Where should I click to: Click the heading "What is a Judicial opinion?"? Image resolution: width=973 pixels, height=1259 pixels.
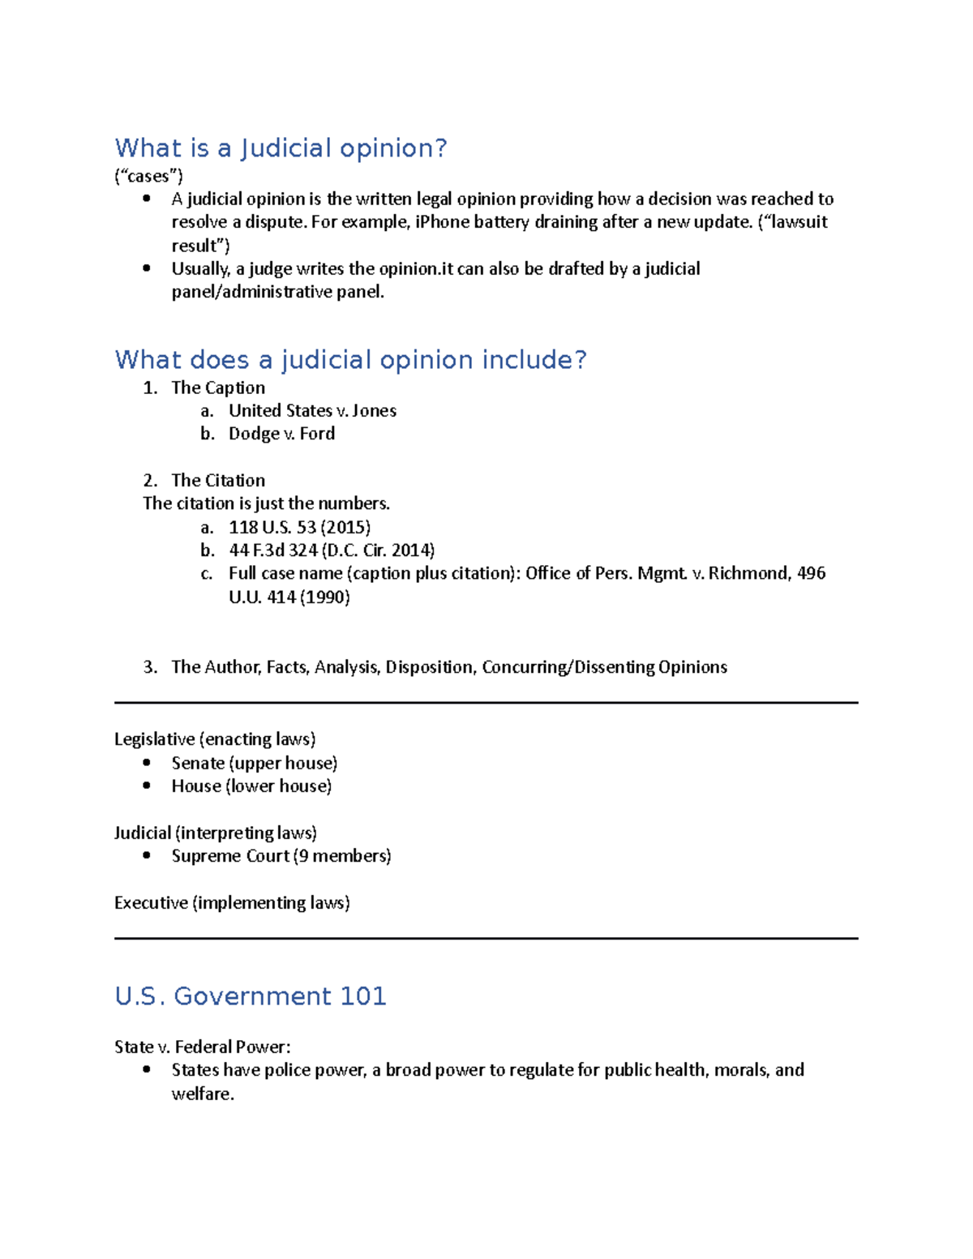click(281, 148)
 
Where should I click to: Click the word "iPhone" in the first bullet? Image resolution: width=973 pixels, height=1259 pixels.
click(442, 222)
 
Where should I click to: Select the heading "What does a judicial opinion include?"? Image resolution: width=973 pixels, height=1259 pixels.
click(350, 360)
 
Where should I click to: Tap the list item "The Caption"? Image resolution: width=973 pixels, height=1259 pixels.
click(218, 388)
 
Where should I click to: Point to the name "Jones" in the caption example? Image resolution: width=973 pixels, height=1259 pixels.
click(374, 411)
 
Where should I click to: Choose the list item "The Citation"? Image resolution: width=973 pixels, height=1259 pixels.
click(218, 481)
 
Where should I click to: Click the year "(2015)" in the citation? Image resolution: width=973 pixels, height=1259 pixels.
click(345, 528)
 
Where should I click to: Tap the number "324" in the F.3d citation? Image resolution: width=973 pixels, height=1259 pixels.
click(302, 550)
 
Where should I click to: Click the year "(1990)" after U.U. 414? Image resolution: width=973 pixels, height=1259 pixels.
click(324, 597)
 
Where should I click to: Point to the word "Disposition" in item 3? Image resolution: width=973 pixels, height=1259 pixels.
click(429, 667)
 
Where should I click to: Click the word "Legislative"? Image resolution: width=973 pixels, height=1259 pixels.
click(154, 739)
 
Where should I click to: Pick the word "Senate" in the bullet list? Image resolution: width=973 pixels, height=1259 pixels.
click(198, 763)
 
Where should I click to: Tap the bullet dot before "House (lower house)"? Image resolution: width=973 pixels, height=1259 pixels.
click(147, 786)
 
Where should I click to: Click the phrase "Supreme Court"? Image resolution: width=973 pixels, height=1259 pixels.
click(230, 856)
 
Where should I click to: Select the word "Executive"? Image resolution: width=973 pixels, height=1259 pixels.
click(151, 903)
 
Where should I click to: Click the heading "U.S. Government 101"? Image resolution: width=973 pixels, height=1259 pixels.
click(251, 996)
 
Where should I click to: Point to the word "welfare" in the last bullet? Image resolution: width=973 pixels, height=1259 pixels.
click(201, 1094)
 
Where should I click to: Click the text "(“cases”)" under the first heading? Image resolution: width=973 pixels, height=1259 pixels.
click(148, 176)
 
